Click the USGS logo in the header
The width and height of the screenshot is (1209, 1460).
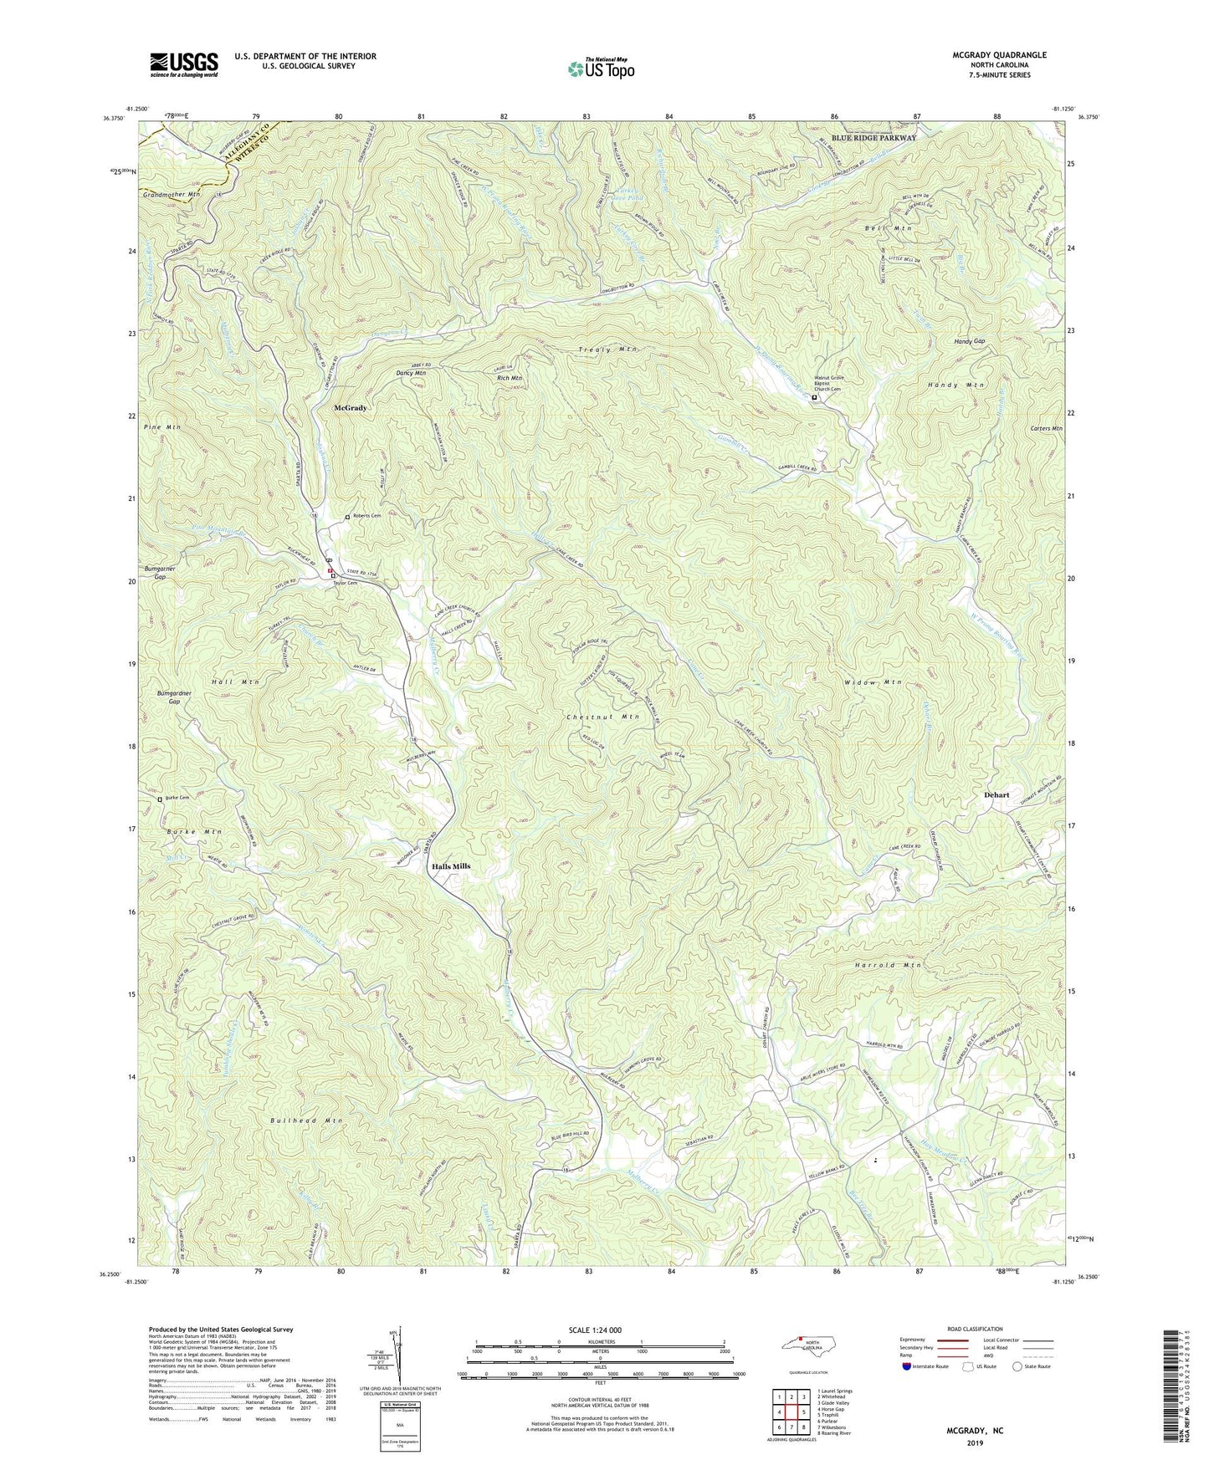[184, 64]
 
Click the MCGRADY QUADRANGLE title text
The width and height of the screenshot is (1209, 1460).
[999, 55]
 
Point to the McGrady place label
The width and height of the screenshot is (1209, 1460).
[351, 408]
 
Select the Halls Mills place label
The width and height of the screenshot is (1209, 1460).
[450, 866]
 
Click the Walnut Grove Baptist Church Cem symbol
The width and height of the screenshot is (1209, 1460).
[814, 398]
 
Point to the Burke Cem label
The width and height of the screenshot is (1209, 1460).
[177, 798]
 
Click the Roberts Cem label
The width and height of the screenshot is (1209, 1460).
[366, 516]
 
